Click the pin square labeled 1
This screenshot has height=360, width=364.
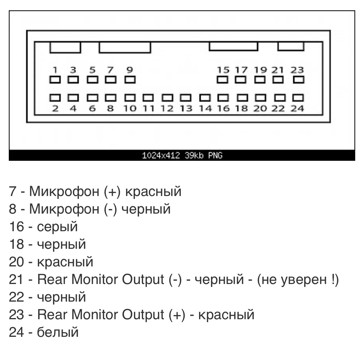pyautogui.click(x=55, y=80)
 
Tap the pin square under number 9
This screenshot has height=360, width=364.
pyautogui.click(x=130, y=80)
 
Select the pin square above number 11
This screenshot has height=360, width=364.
pyautogui.click(x=148, y=98)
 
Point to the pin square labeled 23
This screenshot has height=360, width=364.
pyautogui.click(x=298, y=80)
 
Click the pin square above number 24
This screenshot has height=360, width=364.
pyautogui.click(x=298, y=98)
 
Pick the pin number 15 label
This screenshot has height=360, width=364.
pyautogui.click(x=223, y=70)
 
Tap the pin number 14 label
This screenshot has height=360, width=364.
pyautogui.click(x=205, y=109)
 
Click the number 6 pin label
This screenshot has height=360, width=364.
pyautogui.click(x=92, y=109)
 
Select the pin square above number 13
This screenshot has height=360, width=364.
pyautogui.click(x=186, y=98)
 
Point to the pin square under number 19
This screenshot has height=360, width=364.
pyautogui.click(x=260, y=80)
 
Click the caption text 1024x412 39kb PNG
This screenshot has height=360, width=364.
pyautogui.click(x=182, y=156)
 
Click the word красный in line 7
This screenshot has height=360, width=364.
pyautogui.click(x=153, y=192)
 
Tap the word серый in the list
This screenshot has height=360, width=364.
pyautogui.click(x=57, y=227)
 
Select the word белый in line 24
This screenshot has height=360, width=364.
pyautogui.click(x=58, y=332)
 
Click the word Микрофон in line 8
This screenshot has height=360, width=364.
pyautogui.click(x=64, y=209)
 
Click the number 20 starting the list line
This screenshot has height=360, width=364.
pyautogui.click(x=16, y=262)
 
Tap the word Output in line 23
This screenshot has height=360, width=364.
pyautogui.click(x=143, y=315)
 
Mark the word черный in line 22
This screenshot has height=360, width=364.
pyautogui.click(x=61, y=297)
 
